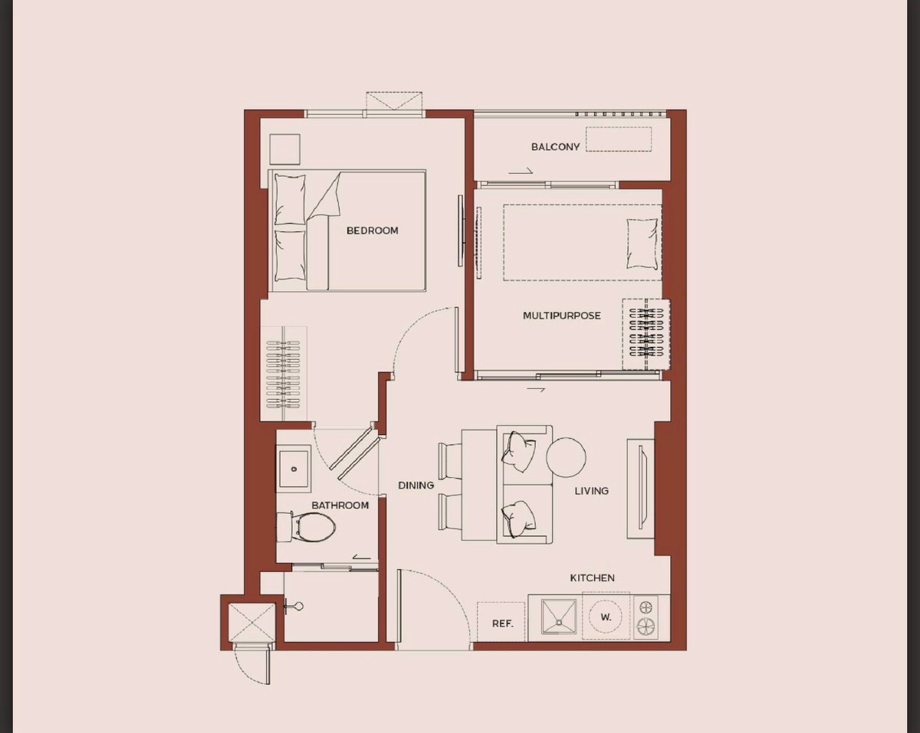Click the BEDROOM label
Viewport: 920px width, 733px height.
372,231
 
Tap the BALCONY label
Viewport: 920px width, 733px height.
555,147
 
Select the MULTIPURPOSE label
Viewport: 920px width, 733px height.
561,316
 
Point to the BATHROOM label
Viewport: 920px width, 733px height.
340,506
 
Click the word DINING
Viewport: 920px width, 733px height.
416,486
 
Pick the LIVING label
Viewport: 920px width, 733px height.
591,491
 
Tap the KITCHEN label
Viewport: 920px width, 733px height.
592,578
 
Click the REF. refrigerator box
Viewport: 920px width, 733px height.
501,622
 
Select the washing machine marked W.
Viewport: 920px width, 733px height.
606,617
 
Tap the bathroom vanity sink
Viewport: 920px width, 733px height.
294,468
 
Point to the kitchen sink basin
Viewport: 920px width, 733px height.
559,617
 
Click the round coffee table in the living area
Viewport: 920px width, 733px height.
566,457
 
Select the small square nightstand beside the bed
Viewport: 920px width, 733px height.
284,149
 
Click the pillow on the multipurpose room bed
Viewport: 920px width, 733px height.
642,244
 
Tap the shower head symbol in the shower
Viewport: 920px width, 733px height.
295,607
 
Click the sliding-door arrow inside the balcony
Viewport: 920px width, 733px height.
520,172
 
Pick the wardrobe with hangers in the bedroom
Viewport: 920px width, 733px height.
283,373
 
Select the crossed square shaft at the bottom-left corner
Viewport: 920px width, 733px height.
251,622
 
